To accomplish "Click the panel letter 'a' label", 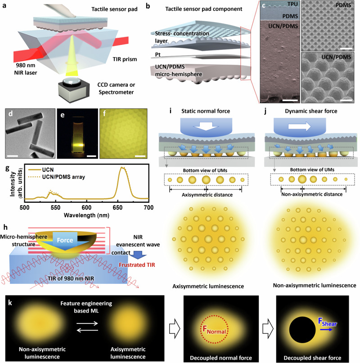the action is click(x=5, y=5).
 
